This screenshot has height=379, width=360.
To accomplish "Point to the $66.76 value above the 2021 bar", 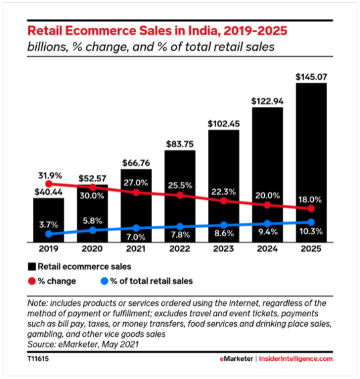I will click(x=137, y=163).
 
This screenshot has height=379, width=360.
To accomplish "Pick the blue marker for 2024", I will click(x=267, y=224).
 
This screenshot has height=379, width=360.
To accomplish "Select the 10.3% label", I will click(x=310, y=231).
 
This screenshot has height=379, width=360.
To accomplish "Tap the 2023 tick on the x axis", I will click(x=223, y=249).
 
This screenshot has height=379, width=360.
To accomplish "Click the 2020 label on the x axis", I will click(x=93, y=249).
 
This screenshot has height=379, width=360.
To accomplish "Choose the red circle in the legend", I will click(x=31, y=281).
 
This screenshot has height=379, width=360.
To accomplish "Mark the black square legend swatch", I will click(x=31, y=267).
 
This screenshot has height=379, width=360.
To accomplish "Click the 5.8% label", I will click(x=93, y=219).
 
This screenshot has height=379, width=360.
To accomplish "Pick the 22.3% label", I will click(x=223, y=191).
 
